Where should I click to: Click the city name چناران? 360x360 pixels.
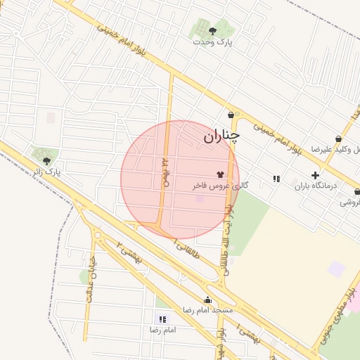click(221, 136)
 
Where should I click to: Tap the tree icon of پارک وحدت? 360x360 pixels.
click(212, 30)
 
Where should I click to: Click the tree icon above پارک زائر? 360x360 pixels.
click(46, 160)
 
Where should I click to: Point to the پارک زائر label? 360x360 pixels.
click(47, 172)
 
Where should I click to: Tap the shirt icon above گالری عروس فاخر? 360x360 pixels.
click(220, 174)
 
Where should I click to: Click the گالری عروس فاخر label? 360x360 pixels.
click(220, 186)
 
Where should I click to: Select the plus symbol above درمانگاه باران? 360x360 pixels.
click(315, 174)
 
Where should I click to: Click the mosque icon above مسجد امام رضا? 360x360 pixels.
click(207, 300)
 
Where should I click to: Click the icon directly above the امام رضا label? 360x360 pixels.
click(164, 319)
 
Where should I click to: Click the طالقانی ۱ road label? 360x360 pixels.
click(186, 247)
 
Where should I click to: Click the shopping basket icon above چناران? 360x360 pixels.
click(231, 115)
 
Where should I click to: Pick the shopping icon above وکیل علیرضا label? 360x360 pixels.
click(340, 139)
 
